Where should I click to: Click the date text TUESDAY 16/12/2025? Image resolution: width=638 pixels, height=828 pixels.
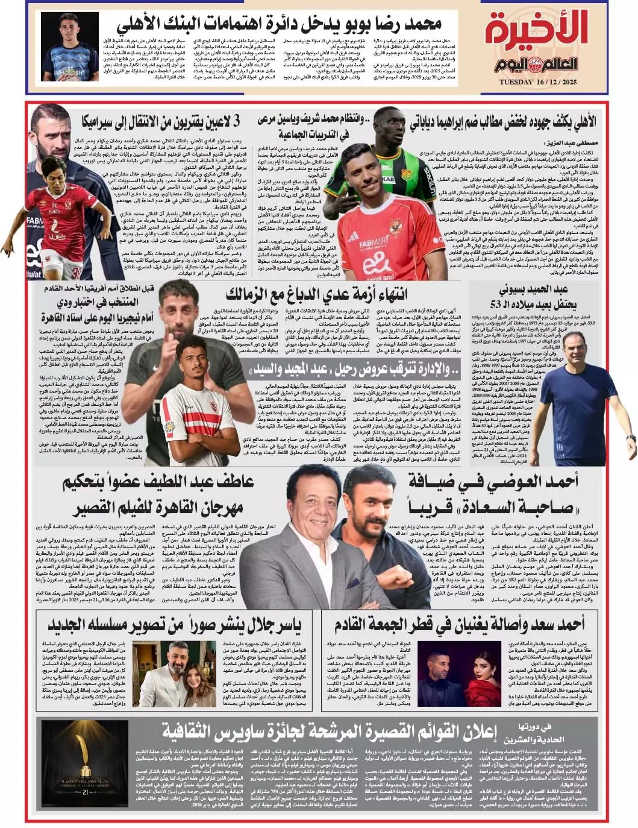pos(546,81)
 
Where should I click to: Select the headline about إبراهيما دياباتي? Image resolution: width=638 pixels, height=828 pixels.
pos(504,122)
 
